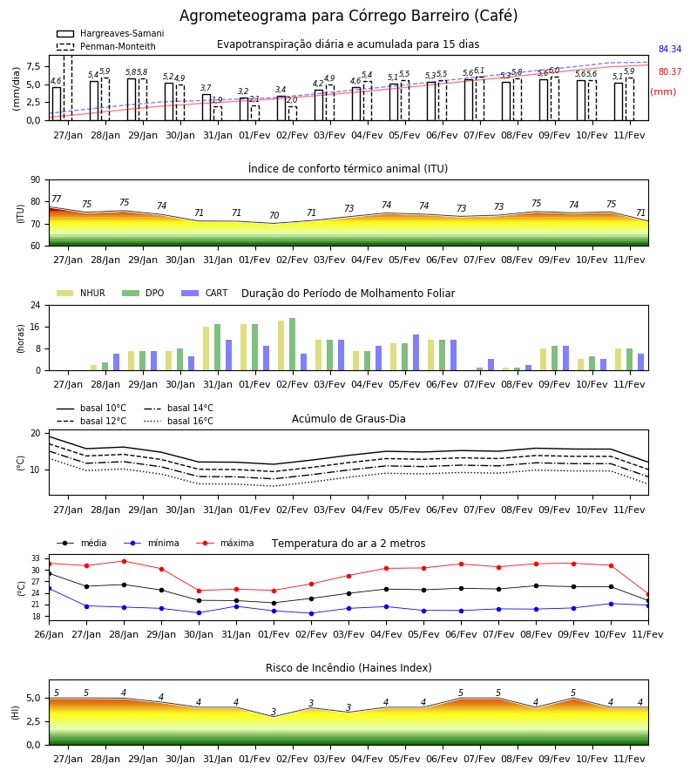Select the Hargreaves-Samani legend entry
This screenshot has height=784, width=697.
point(110,33)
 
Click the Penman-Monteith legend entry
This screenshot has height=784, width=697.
point(106,46)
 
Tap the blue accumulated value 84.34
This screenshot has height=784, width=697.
point(670,49)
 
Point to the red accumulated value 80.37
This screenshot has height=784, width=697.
point(670,71)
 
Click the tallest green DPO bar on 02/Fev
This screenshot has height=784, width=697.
point(293,344)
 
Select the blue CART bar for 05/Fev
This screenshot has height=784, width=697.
point(416,353)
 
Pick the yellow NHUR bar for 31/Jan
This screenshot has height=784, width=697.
point(206,348)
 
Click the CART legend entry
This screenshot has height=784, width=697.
point(205,293)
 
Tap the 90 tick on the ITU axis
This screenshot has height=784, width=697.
point(36,180)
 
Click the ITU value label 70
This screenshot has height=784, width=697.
point(274,215)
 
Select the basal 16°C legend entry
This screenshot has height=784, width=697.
point(179,421)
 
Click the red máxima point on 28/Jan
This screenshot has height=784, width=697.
point(124,561)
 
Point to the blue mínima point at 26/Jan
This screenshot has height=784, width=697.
point(50,589)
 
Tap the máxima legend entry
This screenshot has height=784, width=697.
point(225,543)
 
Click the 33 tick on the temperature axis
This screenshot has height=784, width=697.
point(36,558)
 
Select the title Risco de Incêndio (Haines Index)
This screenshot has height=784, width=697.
point(348,667)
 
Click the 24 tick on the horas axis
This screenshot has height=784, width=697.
point(36,305)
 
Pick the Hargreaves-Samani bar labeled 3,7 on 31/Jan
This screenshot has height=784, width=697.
point(206,107)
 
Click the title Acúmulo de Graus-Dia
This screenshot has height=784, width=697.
point(348,418)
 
